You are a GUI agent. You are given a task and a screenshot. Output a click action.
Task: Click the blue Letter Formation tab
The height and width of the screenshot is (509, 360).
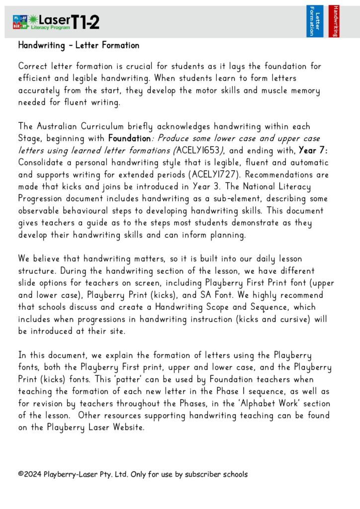click(314, 21)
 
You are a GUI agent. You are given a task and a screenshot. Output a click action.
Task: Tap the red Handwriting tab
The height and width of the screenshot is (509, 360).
click(334, 21)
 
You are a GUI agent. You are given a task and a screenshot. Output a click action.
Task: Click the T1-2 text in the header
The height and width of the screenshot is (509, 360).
click(85, 21)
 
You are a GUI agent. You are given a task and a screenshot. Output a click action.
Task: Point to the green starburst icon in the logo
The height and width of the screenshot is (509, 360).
click(33, 20)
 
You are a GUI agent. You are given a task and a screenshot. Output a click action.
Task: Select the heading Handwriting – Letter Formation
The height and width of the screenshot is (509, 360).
click(79, 45)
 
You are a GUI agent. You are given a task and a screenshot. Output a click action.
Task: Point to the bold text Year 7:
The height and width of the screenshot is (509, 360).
click(313, 151)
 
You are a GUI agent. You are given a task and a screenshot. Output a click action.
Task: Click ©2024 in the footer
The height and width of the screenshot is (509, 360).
click(29, 474)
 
